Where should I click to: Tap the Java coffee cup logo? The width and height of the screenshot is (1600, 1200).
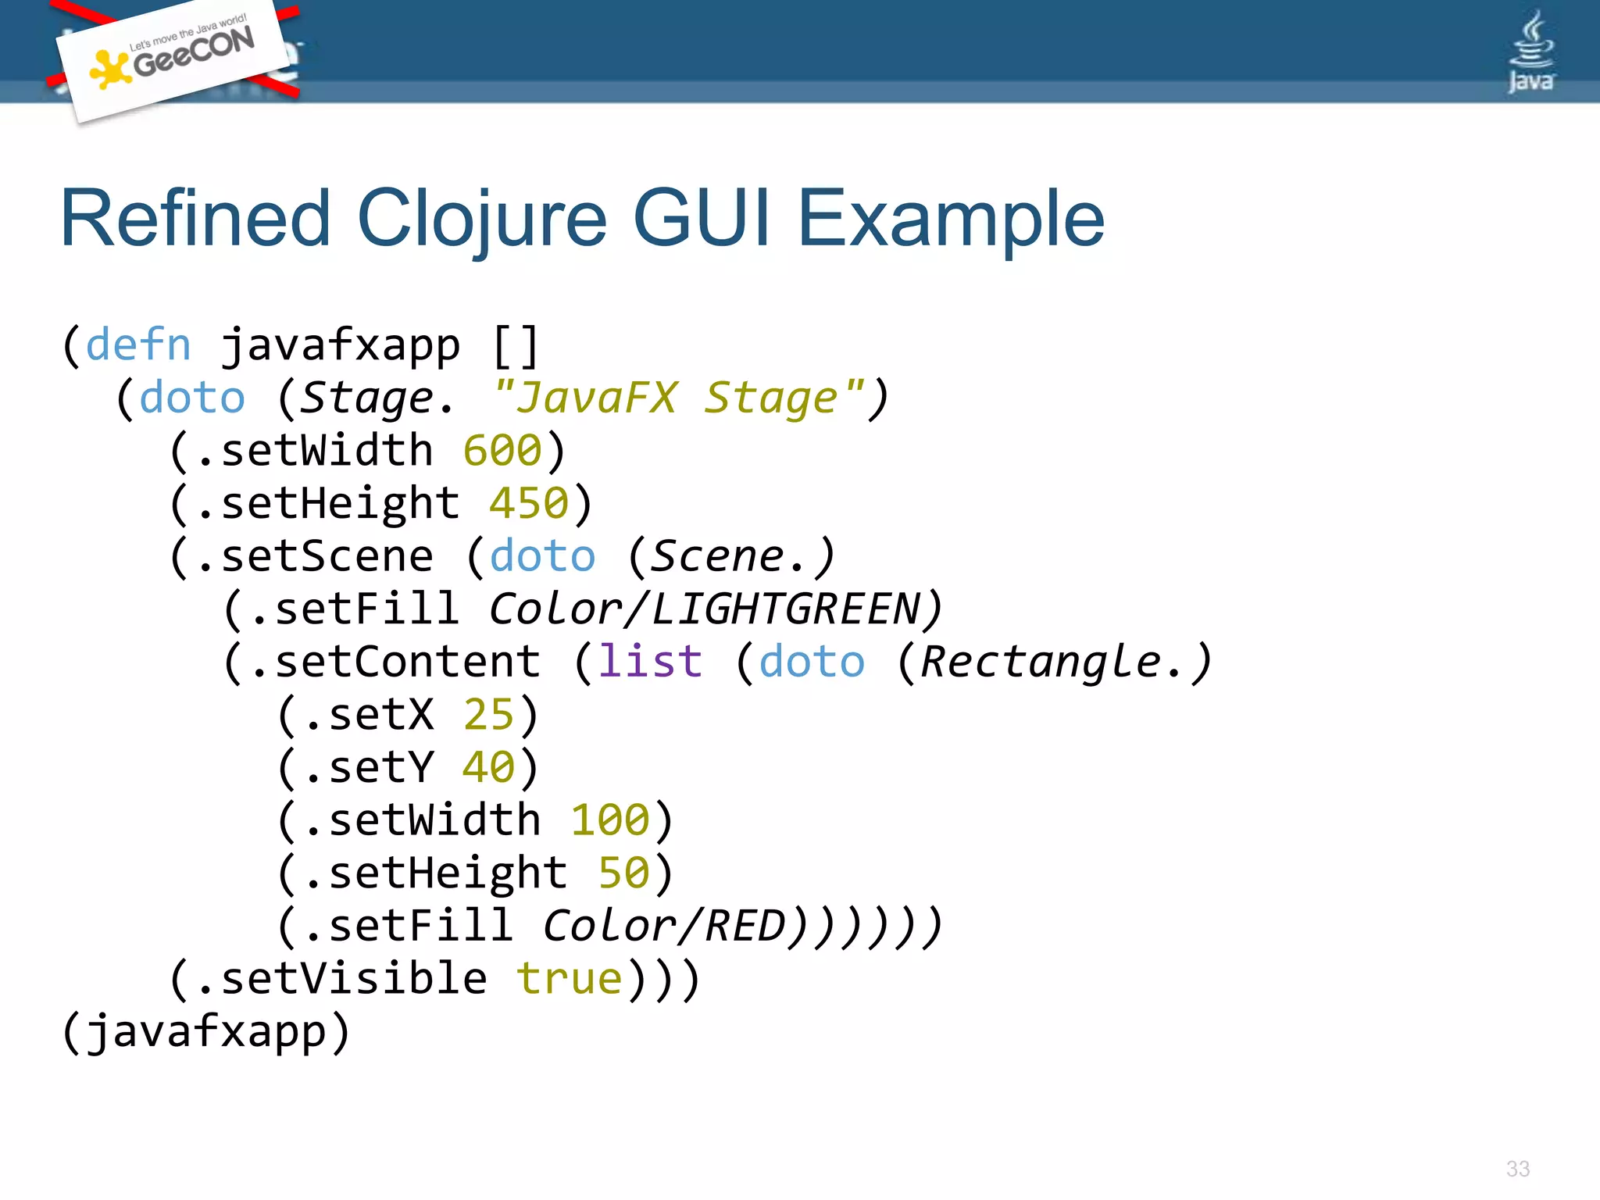tap(1530, 52)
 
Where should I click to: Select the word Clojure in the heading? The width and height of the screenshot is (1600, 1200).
tap(481, 220)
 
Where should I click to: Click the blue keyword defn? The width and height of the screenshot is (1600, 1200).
tap(138, 345)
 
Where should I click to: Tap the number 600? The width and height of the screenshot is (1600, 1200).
tap(502, 451)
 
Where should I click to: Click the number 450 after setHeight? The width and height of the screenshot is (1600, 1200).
tap(529, 503)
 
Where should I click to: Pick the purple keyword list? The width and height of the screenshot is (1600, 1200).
tap(650, 662)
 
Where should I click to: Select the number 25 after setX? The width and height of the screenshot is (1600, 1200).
tap(489, 715)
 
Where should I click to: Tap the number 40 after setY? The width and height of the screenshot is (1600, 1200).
tap(489, 767)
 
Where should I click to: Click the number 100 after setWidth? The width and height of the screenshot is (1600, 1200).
tap(610, 820)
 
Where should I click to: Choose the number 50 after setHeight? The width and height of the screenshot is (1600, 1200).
tap(623, 873)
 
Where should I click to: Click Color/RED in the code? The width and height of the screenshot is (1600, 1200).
tap(664, 926)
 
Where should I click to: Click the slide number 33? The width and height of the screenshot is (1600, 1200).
tap(1517, 1169)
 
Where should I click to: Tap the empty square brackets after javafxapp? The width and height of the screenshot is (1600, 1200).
tap(516, 345)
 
